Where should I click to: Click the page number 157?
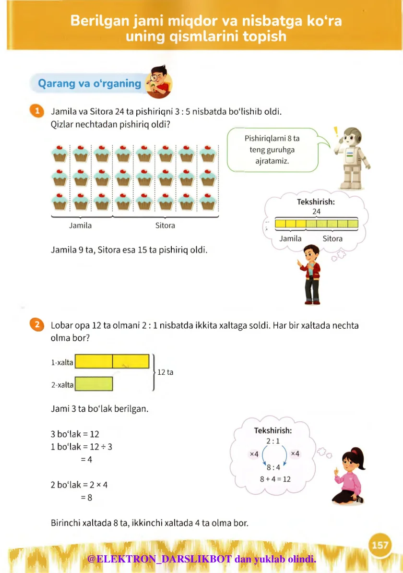coord(379,545)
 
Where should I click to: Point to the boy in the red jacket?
coord(311,274)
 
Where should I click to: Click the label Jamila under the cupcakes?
coord(80,226)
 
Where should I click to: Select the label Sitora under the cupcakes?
coord(165,226)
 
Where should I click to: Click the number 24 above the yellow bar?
coord(316,212)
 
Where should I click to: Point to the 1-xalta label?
coord(62,362)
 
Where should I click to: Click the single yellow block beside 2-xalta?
coord(94,383)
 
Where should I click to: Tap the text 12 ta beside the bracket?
coord(166,372)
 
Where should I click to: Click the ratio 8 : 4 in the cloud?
coord(273,467)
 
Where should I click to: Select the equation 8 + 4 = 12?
coord(275,479)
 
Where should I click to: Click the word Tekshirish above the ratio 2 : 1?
coord(273,430)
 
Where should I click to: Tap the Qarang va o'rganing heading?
coord(90,84)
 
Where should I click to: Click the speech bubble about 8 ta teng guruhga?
coord(272,149)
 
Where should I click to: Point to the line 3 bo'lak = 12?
coord(75,434)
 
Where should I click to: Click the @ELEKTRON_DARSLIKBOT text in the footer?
coord(160,559)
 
